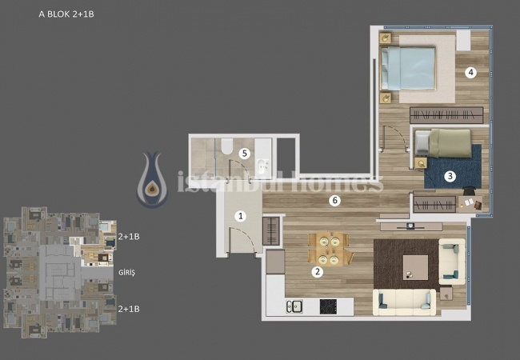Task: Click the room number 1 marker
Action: [240, 215]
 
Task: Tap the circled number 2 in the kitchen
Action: [318, 272]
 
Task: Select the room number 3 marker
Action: [450, 176]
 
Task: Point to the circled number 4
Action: [471, 73]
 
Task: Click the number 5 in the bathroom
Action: [245, 152]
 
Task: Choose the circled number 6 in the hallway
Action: [336, 201]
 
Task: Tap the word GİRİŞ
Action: [127, 273]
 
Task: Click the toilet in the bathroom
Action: [226, 146]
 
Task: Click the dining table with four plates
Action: [330, 248]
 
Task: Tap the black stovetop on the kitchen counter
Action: [328, 305]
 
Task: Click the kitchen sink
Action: [294, 306]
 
